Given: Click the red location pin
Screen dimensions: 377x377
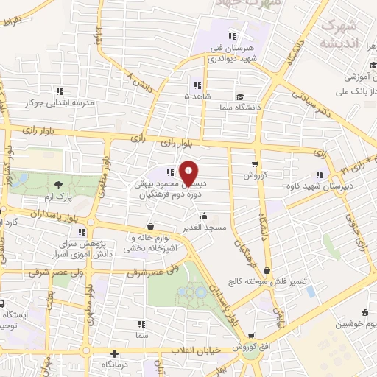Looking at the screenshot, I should click(189, 173).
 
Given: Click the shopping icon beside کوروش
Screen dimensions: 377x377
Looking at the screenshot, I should click(255, 164).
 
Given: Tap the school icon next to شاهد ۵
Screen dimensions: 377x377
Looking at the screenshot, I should click(196, 84).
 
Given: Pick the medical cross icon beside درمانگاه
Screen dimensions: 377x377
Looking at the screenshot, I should click(114, 353).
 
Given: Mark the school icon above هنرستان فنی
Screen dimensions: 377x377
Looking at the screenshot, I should click(232, 35).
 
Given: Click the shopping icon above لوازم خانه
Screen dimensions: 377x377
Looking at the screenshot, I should click(151, 227).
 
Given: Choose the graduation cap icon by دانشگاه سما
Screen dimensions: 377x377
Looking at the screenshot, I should click(240, 98).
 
